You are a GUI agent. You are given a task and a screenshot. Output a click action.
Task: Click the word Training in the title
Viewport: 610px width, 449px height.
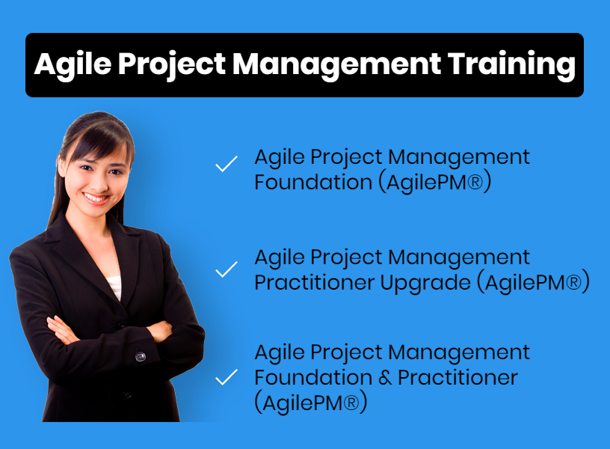pyautogui.click(x=511, y=65)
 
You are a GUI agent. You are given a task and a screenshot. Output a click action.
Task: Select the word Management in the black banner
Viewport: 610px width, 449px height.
pyautogui.click(x=337, y=65)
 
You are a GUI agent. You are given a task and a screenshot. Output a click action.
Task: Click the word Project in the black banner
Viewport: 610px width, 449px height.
pyautogui.click(x=172, y=65)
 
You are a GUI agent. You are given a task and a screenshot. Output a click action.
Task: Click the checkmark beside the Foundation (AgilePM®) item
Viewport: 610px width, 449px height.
pyautogui.click(x=227, y=164)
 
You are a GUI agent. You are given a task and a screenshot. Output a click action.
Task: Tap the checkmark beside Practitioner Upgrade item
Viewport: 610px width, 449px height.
pyautogui.click(x=227, y=269)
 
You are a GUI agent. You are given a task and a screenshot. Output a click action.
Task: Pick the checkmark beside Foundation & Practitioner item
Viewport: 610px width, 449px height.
pyautogui.click(x=227, y=376)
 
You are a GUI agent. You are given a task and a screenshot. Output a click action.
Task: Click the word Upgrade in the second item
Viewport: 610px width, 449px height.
pyautogui.click(x=425, y=284)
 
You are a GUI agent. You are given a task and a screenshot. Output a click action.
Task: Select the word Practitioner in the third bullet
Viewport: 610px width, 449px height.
pyautogui.click(x=457, y=378)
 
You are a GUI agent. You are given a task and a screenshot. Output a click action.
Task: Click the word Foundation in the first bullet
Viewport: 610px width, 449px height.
pyautogui.click(x=313, y=183)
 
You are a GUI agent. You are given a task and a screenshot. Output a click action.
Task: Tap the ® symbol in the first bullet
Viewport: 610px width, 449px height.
pyautogui.click(x=475, y=182)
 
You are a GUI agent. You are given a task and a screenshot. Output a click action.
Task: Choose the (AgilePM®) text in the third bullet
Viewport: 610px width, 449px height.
pyautogui.click(x=311, y=403)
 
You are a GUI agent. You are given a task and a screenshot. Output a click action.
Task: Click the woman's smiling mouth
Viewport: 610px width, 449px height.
pyautogui.click(x=96, y=198)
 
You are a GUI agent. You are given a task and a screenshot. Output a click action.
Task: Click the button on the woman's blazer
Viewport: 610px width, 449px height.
pyautogui.click(x=141, y=356)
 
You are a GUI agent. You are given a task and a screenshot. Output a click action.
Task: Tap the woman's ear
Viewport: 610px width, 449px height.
pyautogui.click(x=61, y=165)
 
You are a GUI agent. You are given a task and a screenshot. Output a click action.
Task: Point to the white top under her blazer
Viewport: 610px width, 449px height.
pyautogui.click(x=114, y=287)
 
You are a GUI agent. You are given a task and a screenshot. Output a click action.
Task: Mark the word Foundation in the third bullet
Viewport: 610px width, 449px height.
pyautogui.click(x=313, y=378)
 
